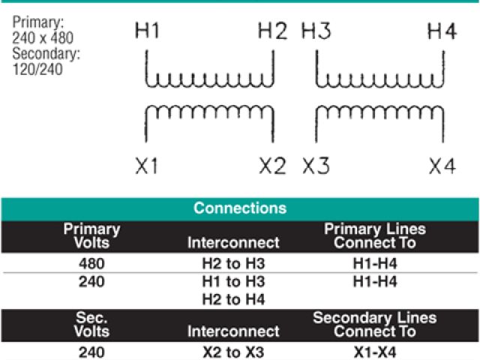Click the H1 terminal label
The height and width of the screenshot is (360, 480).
click(147, 31)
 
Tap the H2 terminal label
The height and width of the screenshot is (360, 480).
click(272, 31)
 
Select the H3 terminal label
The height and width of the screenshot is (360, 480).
click(316, 31)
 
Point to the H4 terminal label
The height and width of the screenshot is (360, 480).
click(442, 31)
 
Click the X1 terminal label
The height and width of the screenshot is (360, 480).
click(147, 166)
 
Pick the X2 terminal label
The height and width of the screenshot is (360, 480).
click(272, 166)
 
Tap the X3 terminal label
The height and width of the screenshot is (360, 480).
click(316, 166)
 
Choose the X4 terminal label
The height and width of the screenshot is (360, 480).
click(442, 166)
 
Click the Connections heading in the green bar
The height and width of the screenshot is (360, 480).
click(240, 208)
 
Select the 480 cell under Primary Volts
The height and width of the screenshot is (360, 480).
click(91, 264)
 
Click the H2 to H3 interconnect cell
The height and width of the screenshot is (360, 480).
click(233, 264)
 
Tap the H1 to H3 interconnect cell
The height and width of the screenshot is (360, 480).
click(233, 282)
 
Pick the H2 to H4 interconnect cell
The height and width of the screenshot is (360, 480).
click(233, 300)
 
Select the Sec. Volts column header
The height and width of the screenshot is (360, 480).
click(91, 324)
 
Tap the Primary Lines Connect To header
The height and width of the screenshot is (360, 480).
click(374, 235)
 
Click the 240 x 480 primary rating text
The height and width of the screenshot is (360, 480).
click(42, 37)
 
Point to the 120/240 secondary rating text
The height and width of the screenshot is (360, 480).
click(37, 70)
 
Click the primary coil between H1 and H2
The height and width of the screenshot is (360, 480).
click(209, 78)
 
